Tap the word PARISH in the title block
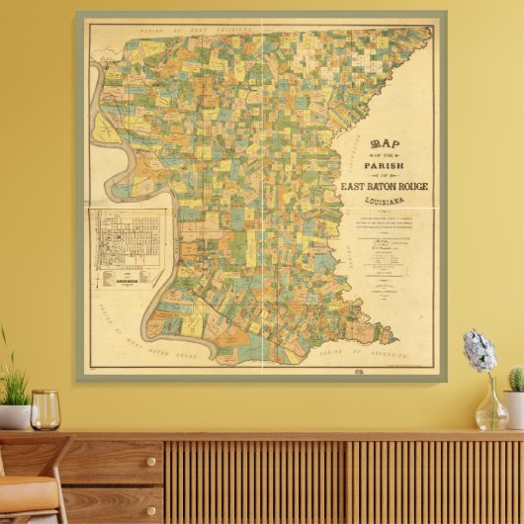(384, 165)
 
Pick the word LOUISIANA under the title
(384, 202)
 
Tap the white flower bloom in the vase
(480, 352)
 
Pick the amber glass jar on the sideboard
(44, 410)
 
